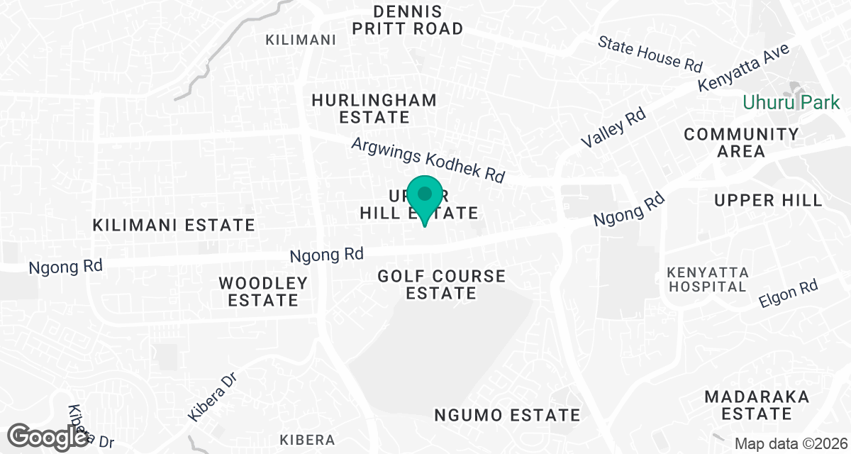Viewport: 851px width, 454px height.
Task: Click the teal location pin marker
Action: coord(425,198)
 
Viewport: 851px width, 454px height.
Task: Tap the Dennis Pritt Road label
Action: coord(418,21)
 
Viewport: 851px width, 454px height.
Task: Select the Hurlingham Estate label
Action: coord(374,109)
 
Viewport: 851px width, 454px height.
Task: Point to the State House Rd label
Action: coord(650,53)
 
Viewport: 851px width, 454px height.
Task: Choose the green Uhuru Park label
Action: coord(791,103)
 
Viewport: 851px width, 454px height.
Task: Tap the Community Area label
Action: coord(741,143)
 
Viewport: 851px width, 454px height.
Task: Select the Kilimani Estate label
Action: coord(174,226)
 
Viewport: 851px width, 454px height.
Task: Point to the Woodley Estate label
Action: coord(263,292)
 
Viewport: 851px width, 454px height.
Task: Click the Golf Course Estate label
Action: coord(442,284)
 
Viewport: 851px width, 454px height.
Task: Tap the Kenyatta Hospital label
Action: coord(706,279)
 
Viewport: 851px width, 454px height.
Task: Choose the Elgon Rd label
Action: coord(788,293)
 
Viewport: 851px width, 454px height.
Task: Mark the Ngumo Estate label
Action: coord(507,415)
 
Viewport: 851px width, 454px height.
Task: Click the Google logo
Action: coord(50,435)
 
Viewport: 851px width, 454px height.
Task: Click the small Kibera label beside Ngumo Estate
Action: coord(307,439)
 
